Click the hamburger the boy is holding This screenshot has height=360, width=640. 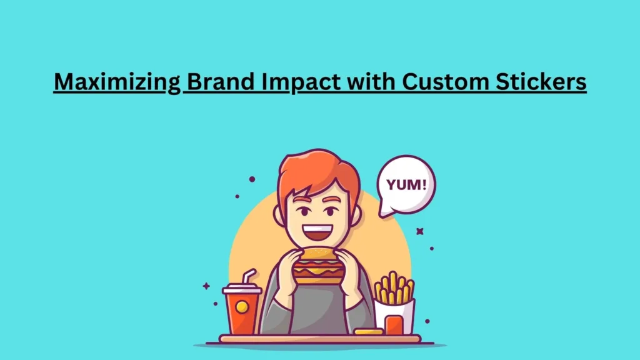(x=319, y=266)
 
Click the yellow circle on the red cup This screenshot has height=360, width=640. (x=241, y=307)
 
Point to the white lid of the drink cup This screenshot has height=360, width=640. (x=242, y=289)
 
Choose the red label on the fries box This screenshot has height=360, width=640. (x=394, y=324)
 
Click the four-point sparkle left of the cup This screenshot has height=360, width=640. (x=206, y=286)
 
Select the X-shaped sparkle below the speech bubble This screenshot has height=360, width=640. (x=420, y=231)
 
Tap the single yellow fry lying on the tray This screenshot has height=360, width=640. (x=369, y=331)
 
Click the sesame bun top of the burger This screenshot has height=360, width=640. (x=319, y=255)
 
